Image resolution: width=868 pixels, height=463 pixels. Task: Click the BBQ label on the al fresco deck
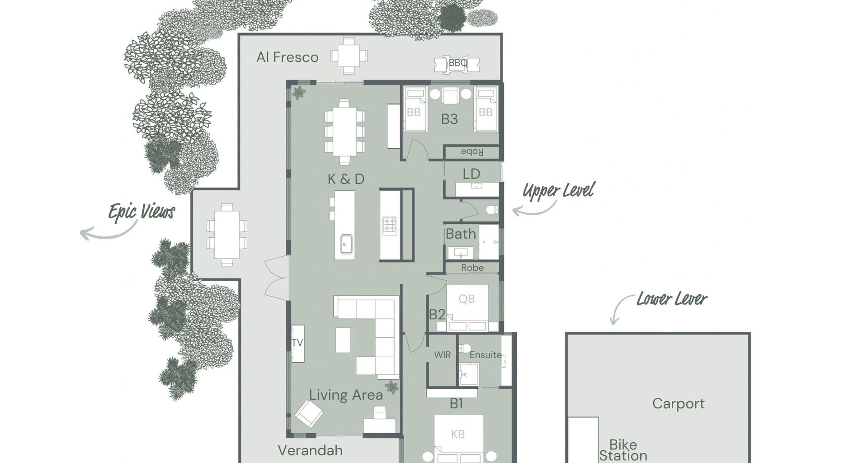458,63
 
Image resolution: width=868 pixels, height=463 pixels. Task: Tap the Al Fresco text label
288,57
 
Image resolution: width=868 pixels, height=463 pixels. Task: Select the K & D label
346,179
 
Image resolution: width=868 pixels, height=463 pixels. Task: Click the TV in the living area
297,343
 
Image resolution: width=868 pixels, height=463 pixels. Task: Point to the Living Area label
346,395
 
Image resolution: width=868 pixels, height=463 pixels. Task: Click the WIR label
442,355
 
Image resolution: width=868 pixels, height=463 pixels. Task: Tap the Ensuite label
486,355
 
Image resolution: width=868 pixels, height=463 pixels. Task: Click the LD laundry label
471,174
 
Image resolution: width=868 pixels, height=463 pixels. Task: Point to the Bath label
461,234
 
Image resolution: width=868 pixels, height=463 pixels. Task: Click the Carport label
678,404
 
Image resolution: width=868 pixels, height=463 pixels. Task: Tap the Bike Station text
623,450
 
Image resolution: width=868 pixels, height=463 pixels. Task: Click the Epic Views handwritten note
142,212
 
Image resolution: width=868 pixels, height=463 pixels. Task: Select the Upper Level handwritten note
558,191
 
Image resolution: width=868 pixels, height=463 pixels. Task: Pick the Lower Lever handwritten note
672,299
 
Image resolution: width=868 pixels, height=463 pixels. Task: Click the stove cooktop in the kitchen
389,226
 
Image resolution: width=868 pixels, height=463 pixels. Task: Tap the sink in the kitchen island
347,245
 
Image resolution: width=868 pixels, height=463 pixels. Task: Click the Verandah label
310,450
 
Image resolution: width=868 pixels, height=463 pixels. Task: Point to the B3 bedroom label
449,119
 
